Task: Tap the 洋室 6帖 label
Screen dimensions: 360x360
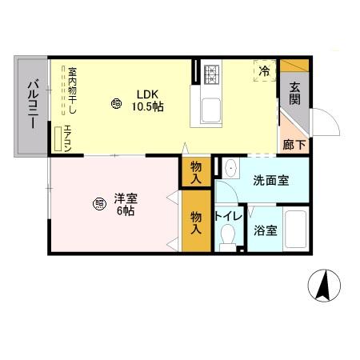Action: (x=123, y=205)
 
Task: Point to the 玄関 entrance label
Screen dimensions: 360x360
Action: (x=295, y=94)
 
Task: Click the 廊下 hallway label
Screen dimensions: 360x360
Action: (x=294, y=145)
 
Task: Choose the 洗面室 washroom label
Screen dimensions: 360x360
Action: (x=270, y=181)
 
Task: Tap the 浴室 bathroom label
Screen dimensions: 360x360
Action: (x=266, y=231)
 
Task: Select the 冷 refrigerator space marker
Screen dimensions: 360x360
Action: (x=264, y=71)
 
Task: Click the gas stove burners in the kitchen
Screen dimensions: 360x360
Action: (x=213, y=74)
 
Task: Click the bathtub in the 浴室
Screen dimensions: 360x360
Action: (x=295, y=230)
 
